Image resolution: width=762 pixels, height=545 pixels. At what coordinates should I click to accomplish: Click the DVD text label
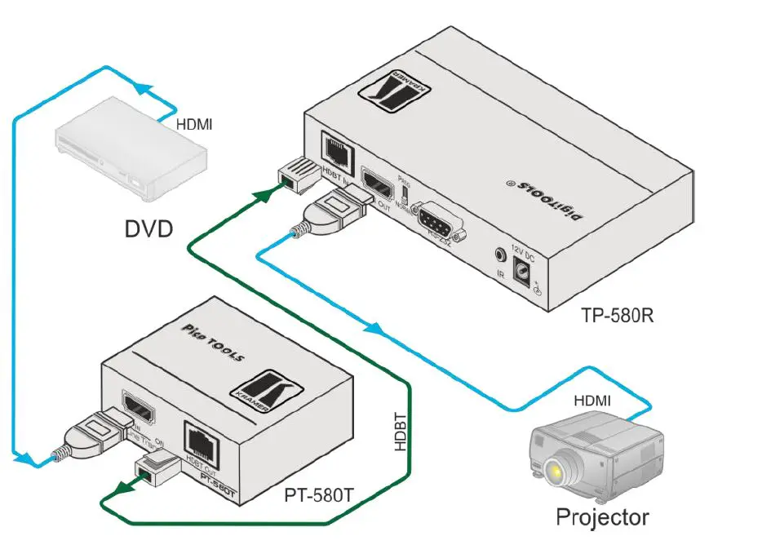148,229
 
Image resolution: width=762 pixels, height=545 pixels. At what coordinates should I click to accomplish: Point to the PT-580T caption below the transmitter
320,494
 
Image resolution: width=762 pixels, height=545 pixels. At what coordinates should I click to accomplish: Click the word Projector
602,516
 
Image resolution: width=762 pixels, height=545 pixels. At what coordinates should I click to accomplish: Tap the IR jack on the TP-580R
498,255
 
